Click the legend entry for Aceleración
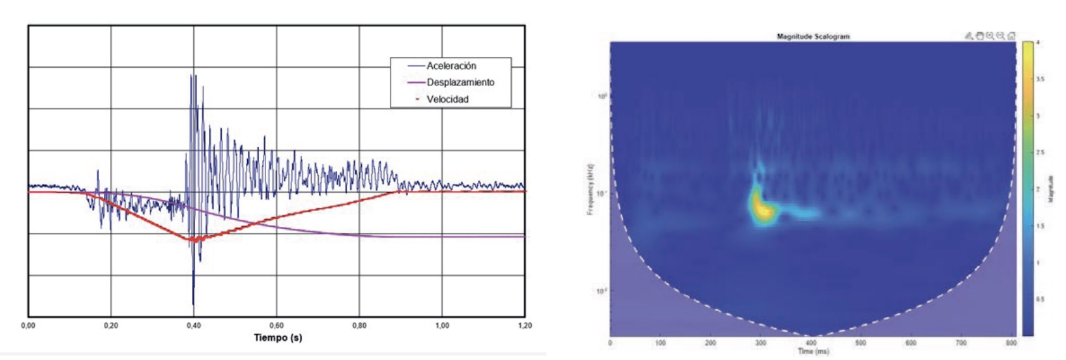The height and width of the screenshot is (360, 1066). pos(451,66)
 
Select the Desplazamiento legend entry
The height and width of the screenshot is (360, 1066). pos(459,82)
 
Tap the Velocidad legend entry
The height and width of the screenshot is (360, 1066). pos(447,99)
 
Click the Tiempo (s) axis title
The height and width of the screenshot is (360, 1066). pos(278,338)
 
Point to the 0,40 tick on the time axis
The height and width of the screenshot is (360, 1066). pos(194,326)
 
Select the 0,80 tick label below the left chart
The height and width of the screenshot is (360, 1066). pos(359,326)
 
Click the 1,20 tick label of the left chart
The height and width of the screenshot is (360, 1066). pos(525,326)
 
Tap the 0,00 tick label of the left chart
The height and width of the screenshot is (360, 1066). pos(29,326)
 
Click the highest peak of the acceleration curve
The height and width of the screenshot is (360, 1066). pos(192,75)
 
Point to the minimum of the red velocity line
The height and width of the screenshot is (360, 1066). pos(189,240)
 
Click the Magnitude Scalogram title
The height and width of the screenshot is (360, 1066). pos(813,37)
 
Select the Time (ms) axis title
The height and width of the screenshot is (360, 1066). pos(813,351)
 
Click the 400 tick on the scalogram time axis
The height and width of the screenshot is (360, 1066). pos(811,343)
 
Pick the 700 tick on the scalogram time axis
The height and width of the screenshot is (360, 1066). pos(961,343)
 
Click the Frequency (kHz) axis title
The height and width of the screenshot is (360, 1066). pos(590,190)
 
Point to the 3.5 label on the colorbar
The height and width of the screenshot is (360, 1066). pos(1039,79)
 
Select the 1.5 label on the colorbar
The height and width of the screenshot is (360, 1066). pos(1039,226)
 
